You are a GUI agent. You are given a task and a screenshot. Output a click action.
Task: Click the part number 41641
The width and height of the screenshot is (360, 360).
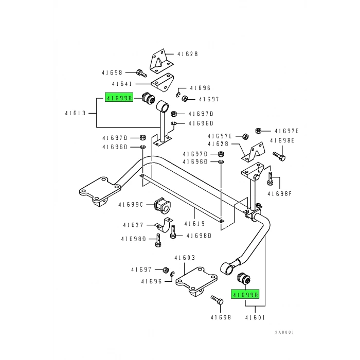point(122,84)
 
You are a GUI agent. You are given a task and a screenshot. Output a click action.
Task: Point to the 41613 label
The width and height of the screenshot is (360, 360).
point(76,113)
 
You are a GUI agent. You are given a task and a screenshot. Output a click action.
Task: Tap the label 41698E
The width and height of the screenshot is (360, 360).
point(284,140)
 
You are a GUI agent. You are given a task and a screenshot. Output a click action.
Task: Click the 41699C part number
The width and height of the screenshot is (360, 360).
point(130,205)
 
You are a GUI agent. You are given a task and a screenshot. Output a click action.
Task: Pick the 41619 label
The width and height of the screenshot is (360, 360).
point(195,223)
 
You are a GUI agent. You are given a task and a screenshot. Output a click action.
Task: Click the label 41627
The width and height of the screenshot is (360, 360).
point(133,225)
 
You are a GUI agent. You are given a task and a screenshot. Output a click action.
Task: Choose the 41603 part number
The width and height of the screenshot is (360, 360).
point(185,258)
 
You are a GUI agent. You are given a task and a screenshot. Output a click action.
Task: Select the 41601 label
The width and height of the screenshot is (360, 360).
point(256,318)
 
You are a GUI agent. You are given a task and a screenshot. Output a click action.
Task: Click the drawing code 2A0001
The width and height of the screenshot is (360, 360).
point(284,332)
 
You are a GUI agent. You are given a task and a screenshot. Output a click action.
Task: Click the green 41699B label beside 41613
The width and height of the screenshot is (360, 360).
point(119,97)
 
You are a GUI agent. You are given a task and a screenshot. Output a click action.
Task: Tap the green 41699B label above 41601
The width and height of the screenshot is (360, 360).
point(245,295)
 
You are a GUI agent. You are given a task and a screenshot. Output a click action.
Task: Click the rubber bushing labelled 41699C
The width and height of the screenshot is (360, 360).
point(163,205)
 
